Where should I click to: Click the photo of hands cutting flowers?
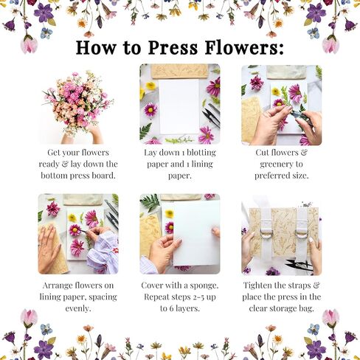[x=281, y=104]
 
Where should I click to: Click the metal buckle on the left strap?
[x=264, y=235]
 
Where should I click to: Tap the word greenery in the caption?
[x=281, y=164]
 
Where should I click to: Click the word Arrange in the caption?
[x=55, y=283]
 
